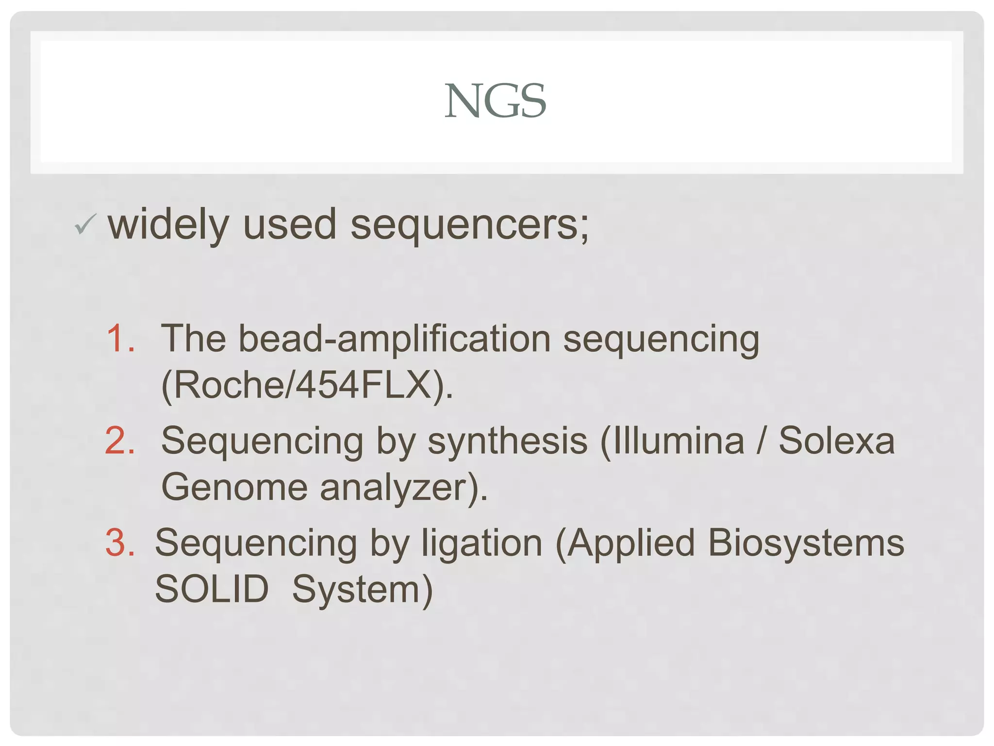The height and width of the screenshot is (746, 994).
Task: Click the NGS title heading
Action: (496, 101)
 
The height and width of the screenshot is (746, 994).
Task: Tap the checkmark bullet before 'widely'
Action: (85, 224)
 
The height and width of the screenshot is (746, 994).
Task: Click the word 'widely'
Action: (168, 225)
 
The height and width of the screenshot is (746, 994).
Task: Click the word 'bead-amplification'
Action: (395, 339)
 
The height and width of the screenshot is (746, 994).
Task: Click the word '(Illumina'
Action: (672, 441)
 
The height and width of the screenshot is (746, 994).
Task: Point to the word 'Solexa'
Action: (836, 441)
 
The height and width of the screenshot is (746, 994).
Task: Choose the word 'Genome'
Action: (234, 487)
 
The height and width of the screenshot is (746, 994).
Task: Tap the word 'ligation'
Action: (481, 543)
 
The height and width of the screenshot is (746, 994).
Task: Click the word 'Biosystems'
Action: (806, 543)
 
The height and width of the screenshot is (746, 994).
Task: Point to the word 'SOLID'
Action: (212, 589)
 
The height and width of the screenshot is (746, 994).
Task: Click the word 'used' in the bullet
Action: (289, 225)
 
